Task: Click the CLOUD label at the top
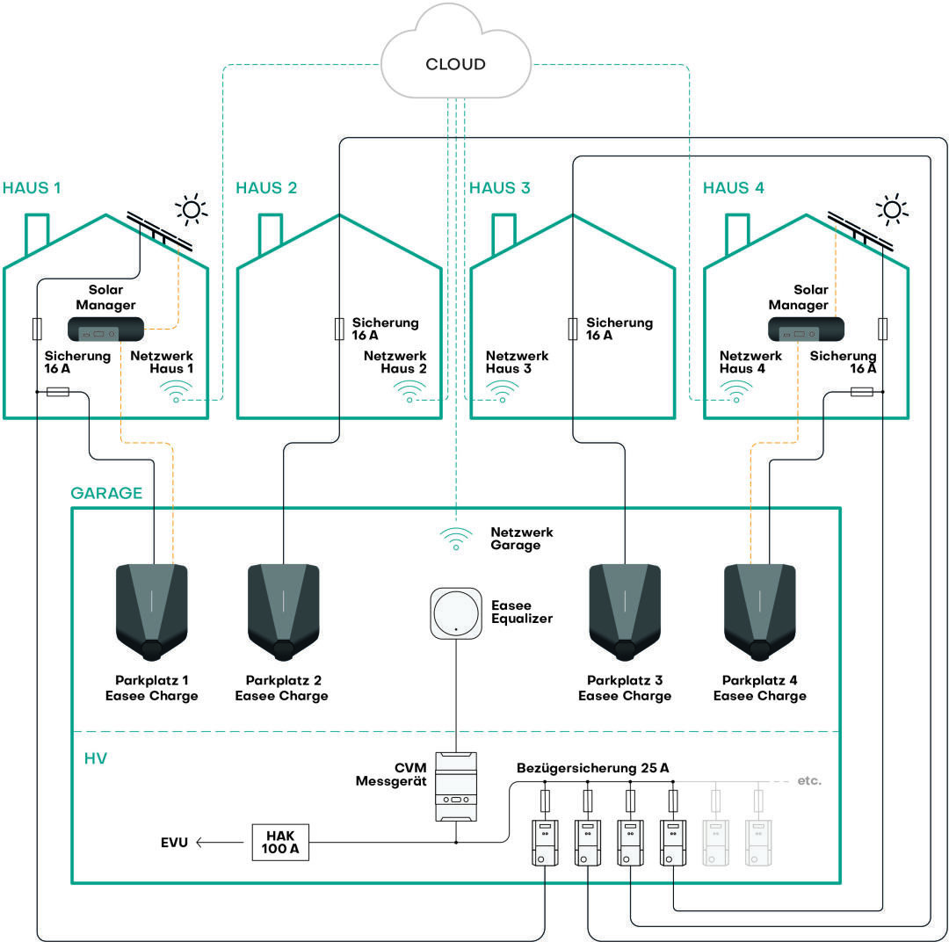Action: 455,64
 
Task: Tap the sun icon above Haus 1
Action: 191,208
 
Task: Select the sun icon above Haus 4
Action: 892,208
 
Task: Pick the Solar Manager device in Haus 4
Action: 806,330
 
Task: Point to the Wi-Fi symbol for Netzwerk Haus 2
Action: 409,392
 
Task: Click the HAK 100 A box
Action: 280,843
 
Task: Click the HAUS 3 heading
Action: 499,188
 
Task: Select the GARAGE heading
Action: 106,493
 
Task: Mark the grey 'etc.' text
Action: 808,780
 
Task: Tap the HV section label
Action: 96,757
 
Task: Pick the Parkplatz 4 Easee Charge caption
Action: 759,688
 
